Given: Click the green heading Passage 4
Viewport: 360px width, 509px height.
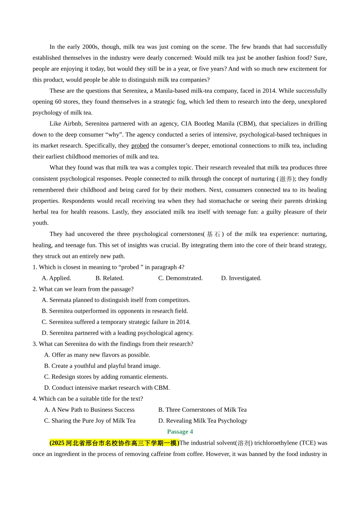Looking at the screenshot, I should tap(180, 432).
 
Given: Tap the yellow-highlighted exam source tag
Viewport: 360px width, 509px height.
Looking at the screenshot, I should tap(114, 443).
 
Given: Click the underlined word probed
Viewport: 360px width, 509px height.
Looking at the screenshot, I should tap(140, 146).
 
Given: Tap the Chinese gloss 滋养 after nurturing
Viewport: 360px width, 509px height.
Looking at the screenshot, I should tap(286, 179).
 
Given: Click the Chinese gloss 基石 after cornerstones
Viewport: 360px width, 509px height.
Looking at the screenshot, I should tap(214, 234).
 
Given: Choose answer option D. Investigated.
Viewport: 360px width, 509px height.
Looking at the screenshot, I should tap(241, 278).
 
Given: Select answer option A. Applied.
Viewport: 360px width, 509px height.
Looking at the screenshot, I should tap(56, 278).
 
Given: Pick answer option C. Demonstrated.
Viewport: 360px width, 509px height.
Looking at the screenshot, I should tap(180, 278).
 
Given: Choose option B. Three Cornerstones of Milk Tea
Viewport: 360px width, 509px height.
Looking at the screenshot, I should tap(202, 410).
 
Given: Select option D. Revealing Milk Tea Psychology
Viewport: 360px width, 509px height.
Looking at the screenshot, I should tap(203, 421).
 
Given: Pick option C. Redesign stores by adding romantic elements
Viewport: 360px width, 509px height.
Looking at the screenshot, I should tap(106, 377).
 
